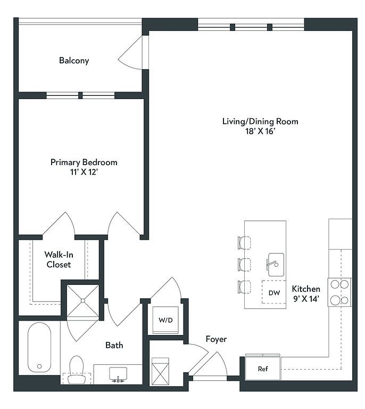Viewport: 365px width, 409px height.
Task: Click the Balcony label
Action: click(x=74, y=61)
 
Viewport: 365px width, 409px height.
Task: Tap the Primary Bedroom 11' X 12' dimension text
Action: click(x=84, y=172)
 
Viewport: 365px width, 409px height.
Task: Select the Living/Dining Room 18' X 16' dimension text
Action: click(x=260, y=131)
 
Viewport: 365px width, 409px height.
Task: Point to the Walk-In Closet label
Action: click(x=59, y=259)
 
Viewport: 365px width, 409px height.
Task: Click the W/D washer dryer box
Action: click(x=165, y=320)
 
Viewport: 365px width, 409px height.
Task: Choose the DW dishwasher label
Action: click(x=274, y=293)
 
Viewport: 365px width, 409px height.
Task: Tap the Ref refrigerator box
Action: click(x=263, y=369)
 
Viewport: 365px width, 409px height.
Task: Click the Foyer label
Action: click(x=216, y=339)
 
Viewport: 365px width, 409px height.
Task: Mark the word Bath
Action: click(x=114, y=345)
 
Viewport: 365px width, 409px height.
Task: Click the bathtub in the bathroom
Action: click(x=39, y=347)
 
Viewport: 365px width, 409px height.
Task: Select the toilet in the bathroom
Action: click(x=77, y=370)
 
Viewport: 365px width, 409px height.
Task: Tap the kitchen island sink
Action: click(x=276, y=265)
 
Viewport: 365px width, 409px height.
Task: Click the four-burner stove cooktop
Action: click(x=339, y=292)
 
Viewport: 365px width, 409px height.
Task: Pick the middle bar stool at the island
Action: click(x=244, y=265)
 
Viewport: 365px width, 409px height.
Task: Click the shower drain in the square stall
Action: click(x=83, y=301)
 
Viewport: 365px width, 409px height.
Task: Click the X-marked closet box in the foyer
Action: click(x=160, y=371)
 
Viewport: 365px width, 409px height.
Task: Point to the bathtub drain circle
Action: click(x=39, y=366)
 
